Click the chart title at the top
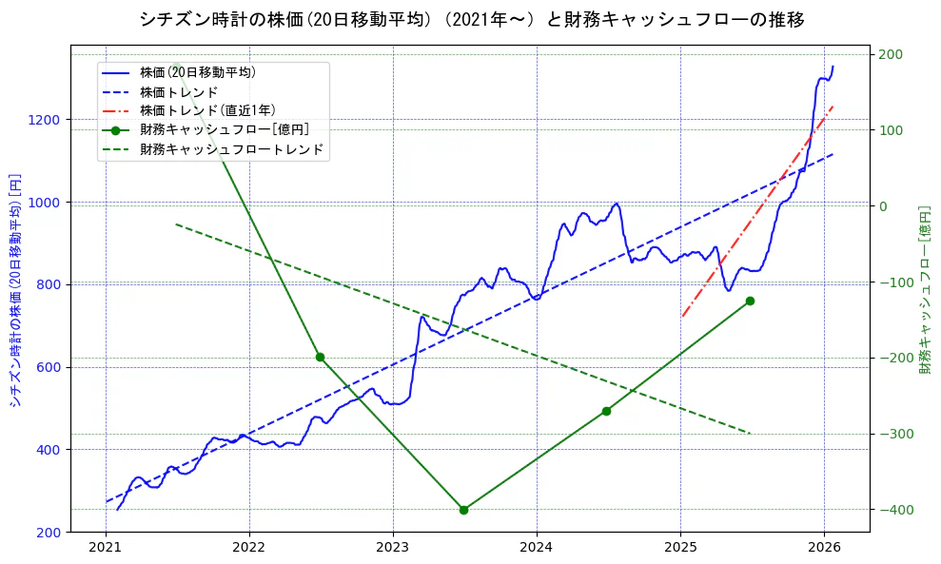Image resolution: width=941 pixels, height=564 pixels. click(471, 20)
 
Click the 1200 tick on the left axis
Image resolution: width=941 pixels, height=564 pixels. click(46, 120)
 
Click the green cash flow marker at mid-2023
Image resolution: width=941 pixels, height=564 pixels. click(463, 510)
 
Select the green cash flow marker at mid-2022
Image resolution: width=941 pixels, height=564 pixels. click(320, 358)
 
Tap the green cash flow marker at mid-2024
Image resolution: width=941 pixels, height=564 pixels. click(606, 411)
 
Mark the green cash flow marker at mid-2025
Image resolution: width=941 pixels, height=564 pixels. click(750, 301)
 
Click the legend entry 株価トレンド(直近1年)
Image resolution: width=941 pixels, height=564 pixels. click(207, 110)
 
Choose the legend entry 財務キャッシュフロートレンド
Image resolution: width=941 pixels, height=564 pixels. click(231, 149)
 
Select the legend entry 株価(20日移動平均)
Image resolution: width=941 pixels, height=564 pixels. click(197, 71)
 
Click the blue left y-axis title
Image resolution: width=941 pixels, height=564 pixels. click(15, 290)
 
